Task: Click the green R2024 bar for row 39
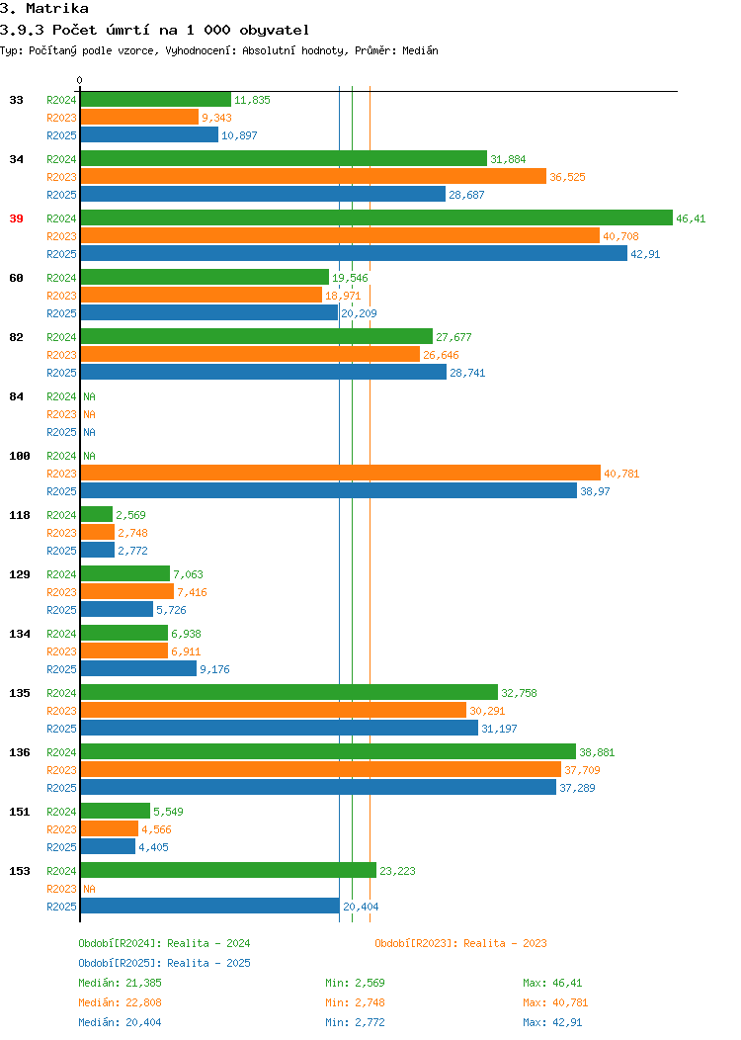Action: coord(376,218)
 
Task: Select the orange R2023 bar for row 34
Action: coord(313,176)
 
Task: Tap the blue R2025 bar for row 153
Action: coord(210,906)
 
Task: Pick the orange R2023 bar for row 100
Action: coord(341,473)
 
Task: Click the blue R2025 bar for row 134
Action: coord(138,668)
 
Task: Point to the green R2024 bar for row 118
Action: coord(97,515)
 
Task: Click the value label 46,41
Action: coord(691,218)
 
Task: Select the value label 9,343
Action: coord(216,118)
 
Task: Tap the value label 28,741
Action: coord(467,374)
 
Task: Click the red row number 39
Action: coord(16,218)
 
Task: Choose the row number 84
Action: coord(16,396)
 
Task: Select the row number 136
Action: coord(19,752)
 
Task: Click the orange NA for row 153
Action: coord(90,889)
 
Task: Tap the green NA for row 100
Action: coord(90,457)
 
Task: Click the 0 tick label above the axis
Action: coord(80,81)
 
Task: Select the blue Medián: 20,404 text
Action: coord(120,1023)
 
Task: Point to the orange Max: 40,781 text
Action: coord(555,1002)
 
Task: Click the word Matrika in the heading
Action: coord(57,9)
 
